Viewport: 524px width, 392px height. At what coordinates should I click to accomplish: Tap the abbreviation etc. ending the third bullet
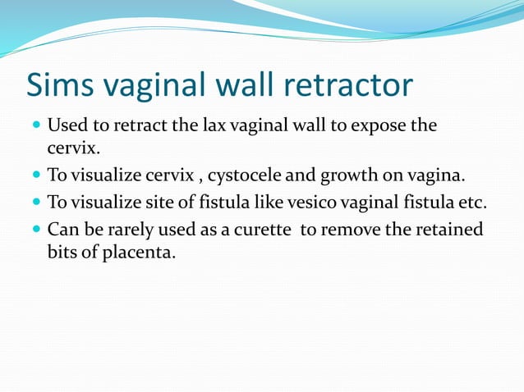tap(475, 203)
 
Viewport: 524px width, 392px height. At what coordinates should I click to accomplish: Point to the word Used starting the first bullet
tap(65, 127)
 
